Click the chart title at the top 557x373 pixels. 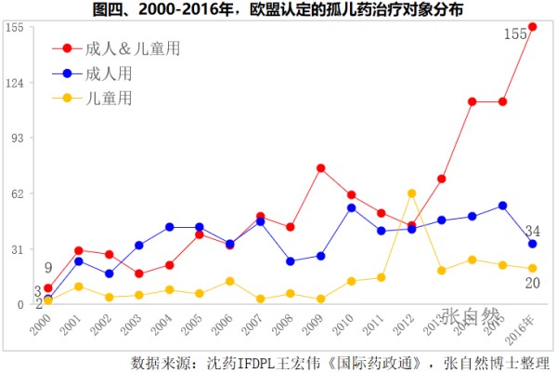(x=278, y=10)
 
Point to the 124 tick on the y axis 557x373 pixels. (x=13, y=84)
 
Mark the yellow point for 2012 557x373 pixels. (x=411, y=193)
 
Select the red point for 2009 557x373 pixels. (x=320, y=168)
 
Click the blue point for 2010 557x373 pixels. (x=351, y=207)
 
